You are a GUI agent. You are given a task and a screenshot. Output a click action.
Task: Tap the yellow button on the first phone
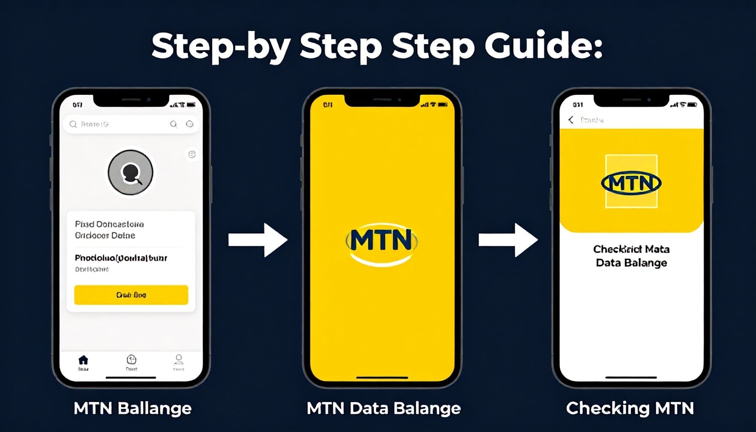pos(131,295)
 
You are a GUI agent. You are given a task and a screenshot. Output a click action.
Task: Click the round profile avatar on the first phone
pos(130,173)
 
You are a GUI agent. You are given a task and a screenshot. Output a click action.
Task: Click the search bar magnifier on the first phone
pos(73,124)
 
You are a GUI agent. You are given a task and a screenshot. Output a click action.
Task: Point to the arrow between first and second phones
pos(258,240)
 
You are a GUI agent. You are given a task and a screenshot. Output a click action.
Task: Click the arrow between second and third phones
pos(508,240)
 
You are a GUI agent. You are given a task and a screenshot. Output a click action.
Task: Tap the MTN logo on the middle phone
pos(382,241)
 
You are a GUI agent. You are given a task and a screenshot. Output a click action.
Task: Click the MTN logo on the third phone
pos(631,183)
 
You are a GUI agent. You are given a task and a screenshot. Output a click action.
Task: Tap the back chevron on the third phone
pos(571,120)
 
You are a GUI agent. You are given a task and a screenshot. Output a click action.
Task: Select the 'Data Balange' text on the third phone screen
pos(631,263)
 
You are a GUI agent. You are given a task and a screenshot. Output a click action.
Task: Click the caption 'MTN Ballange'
pos(132,408)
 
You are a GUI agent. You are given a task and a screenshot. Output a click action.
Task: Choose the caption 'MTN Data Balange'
pos(383,408)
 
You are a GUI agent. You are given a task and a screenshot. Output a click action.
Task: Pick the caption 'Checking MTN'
pos(630,408)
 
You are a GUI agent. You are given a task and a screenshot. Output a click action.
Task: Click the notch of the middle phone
pos(382,100)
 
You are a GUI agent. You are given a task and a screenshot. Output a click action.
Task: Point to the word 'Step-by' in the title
pos(220,46)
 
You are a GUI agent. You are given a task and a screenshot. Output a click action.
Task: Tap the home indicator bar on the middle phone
pos(382,378)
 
